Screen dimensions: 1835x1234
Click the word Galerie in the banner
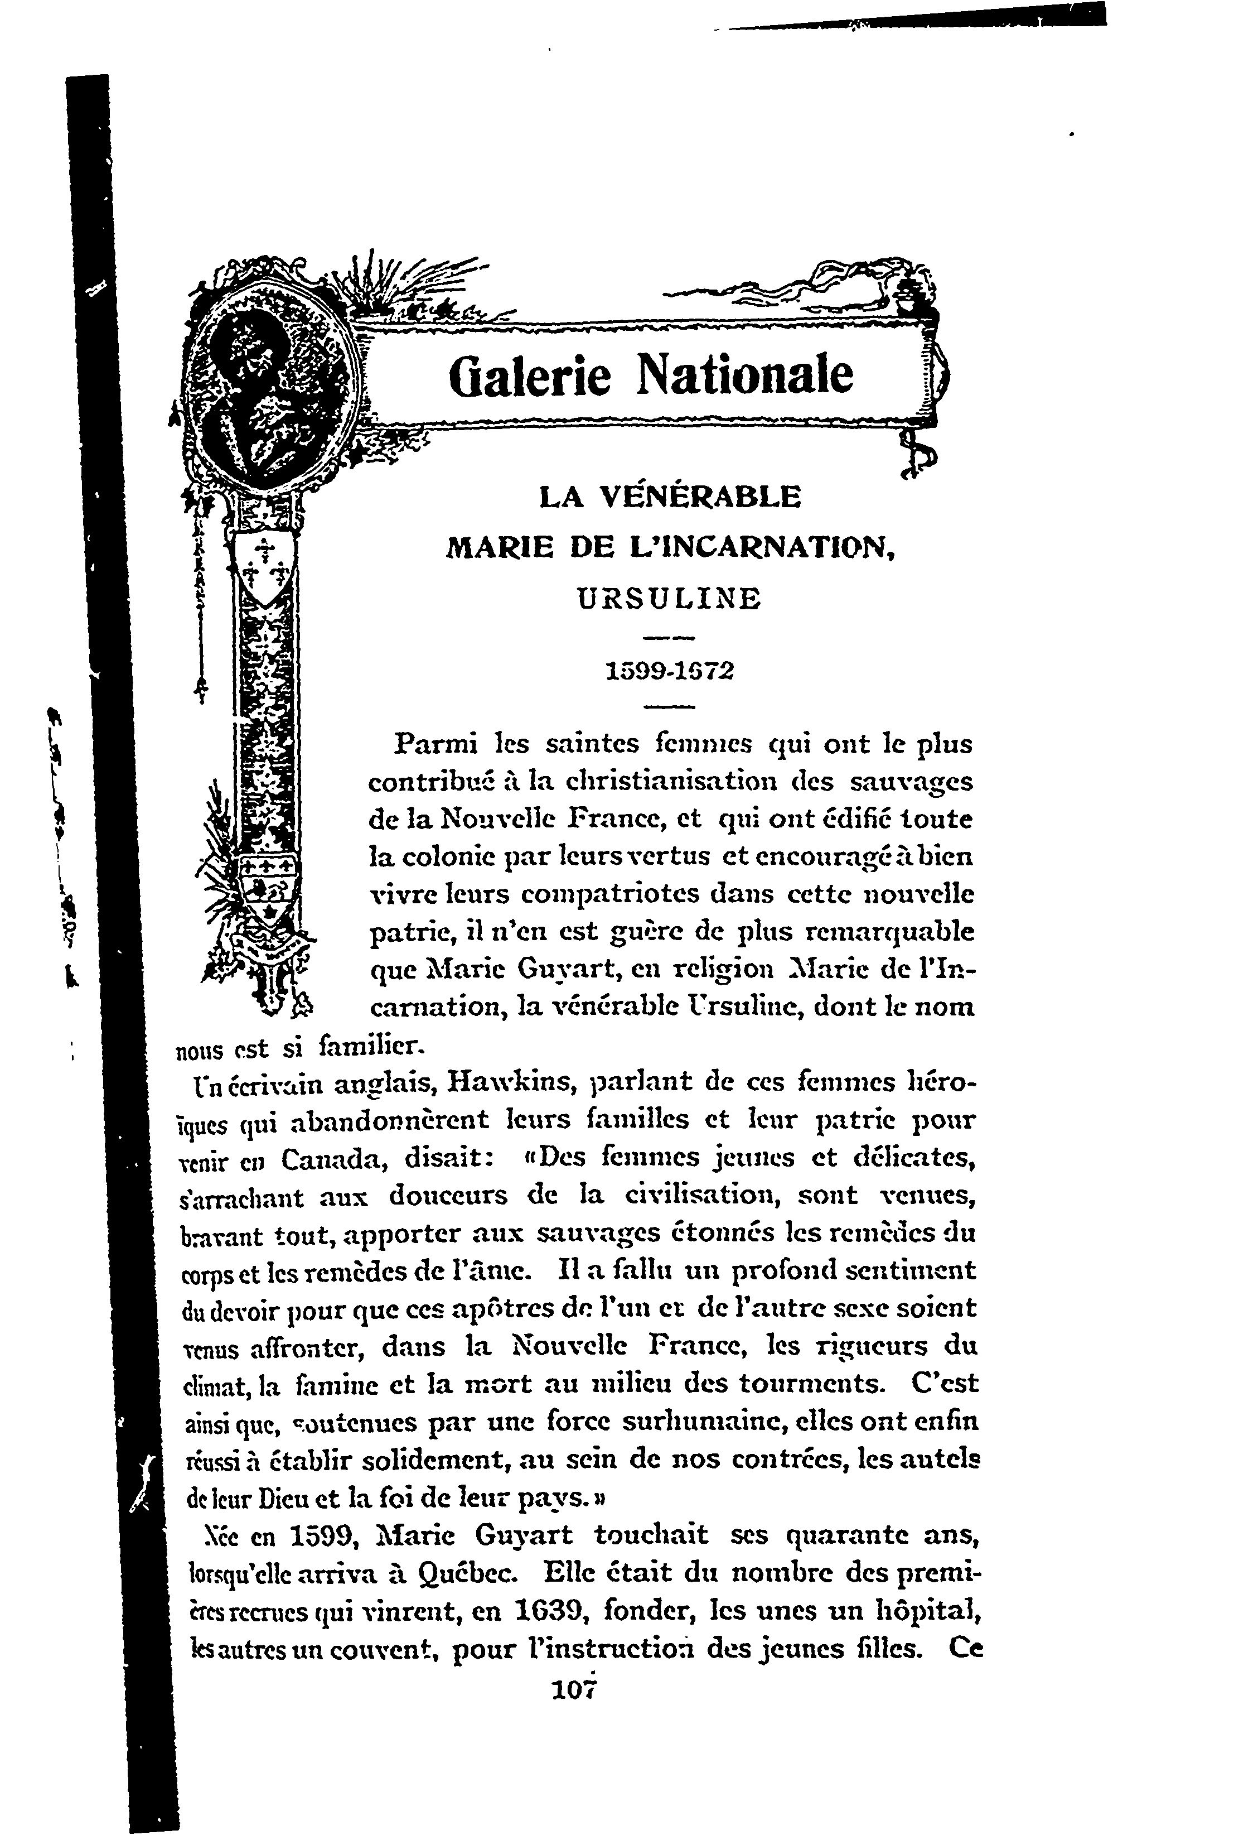[529, 375]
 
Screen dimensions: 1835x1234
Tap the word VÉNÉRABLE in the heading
[700, 498]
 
